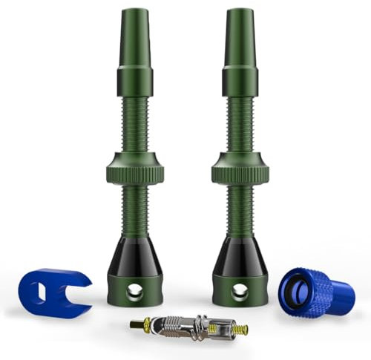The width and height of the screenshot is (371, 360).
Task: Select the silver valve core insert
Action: click(x=188, y=326)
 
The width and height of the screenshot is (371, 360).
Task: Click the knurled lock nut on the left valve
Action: click(x=134, y=170)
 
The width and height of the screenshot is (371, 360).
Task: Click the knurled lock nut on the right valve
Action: click(x=239, y=170)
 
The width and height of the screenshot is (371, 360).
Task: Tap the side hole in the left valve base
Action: click(x=134, y=292)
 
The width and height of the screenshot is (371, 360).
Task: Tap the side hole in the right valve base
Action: click(x=239, y=292)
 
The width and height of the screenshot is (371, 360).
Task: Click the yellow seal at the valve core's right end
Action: click(x=239, y=329)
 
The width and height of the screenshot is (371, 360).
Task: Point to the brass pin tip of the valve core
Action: click(x=134, y=323)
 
